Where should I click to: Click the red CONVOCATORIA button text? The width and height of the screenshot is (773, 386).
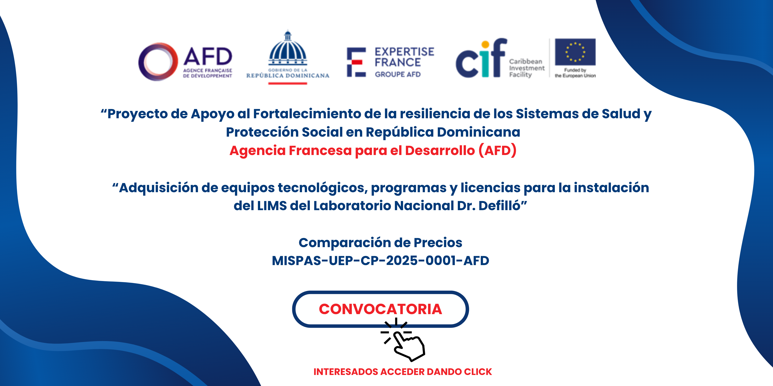coord(380,309)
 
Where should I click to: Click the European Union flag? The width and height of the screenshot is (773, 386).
coord(575,52)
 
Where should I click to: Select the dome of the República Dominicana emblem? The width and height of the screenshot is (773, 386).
coord(288,48)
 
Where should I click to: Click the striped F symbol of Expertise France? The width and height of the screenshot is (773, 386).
coord(356,62)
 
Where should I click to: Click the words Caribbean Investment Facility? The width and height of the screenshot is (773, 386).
coord(527,68)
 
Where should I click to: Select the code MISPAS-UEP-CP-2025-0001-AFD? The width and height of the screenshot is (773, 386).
coord(380,261)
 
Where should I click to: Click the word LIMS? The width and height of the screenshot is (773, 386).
coord(272,206)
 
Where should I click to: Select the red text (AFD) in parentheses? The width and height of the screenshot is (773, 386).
coord(498,151)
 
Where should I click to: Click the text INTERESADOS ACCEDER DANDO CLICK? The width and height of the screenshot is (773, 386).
coord(403,372)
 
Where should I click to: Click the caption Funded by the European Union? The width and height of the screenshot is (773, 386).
coord(575,73)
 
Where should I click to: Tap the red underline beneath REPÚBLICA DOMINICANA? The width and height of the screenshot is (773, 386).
coord(288,83)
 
